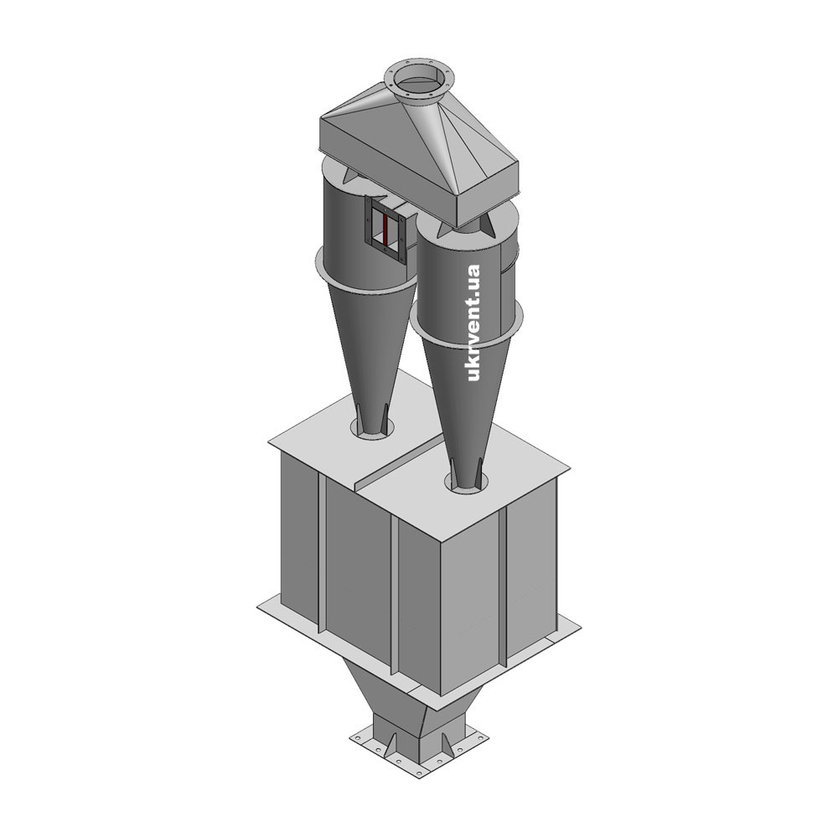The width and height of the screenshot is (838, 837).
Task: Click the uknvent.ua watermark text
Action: click(473, 323)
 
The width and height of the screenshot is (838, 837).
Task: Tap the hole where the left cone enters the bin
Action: click(373, 429)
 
